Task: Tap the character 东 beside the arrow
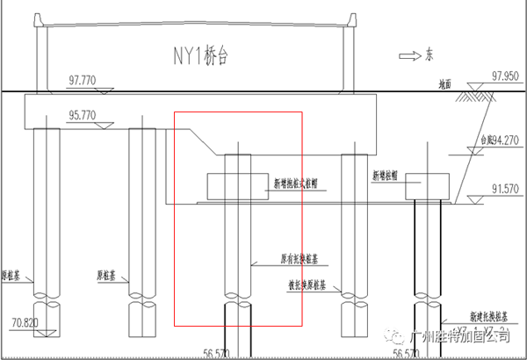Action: pos(430,55)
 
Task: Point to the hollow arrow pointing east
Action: pos(408,55)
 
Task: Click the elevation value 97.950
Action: pos(507,76)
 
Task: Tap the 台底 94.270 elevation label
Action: pos(500,140)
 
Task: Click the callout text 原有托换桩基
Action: pos(298,260)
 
